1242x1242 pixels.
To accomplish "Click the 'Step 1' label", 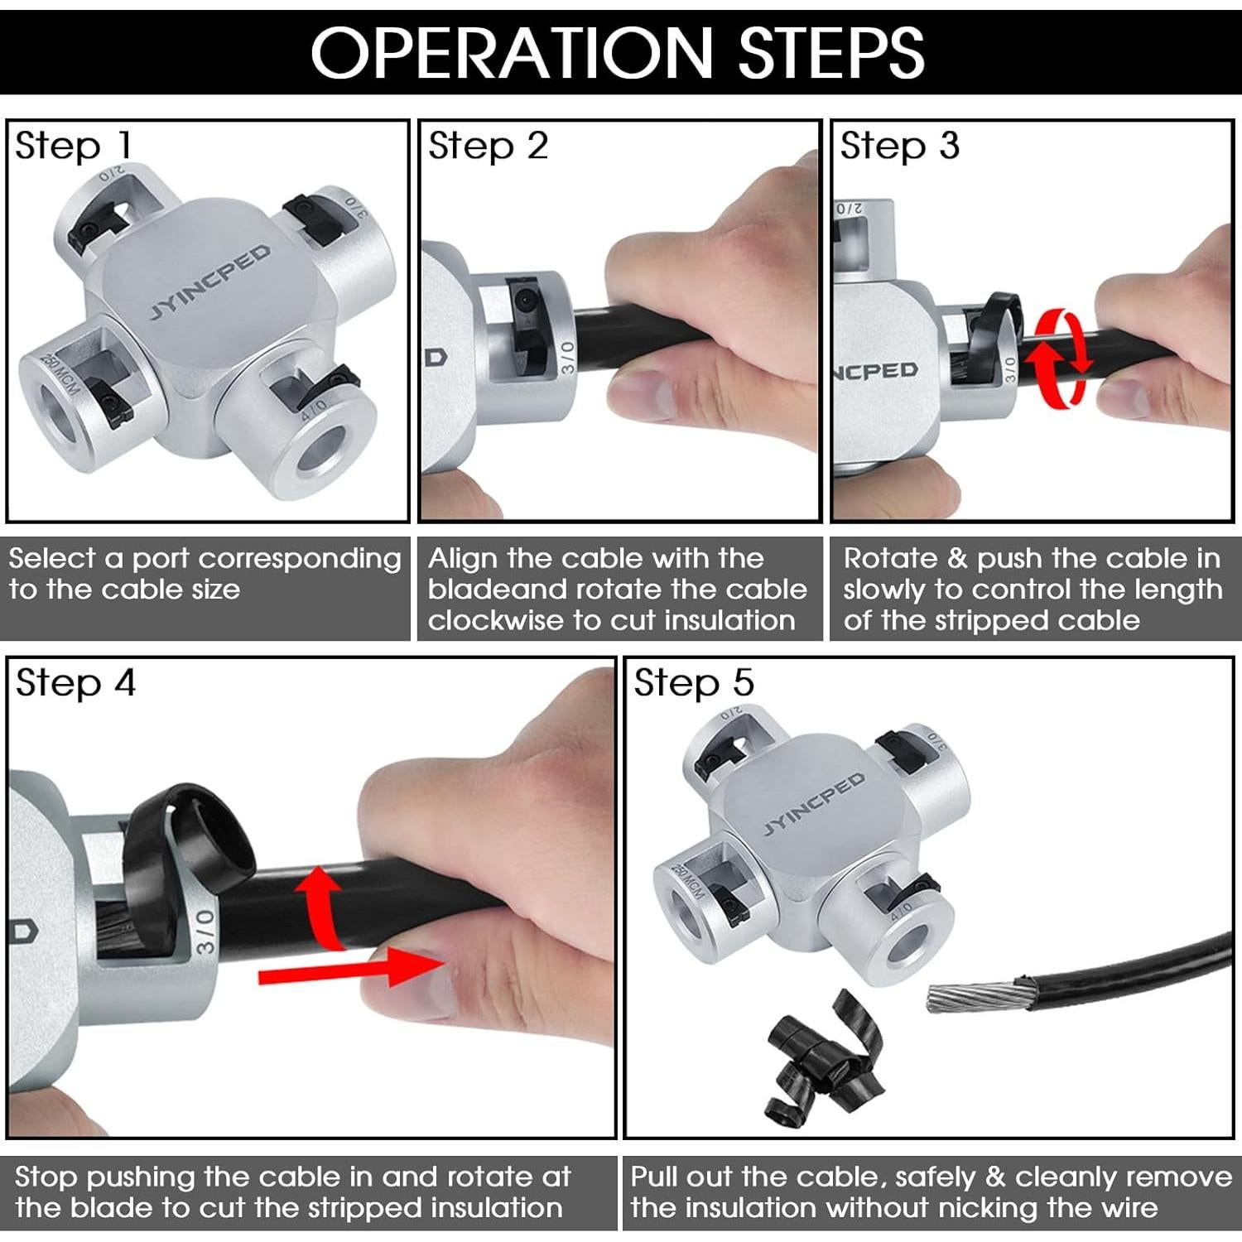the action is point(73,146).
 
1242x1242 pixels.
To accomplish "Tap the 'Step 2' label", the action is point(488,146).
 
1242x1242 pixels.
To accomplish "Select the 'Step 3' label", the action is point(900,146).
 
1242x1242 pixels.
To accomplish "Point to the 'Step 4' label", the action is point(75,683).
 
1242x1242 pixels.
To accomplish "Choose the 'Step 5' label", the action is point(694,683).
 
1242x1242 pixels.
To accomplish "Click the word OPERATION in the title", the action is point(512,52).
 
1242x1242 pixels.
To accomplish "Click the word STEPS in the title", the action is point(831,52).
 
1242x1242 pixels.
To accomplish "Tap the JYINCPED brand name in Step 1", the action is point(210,282).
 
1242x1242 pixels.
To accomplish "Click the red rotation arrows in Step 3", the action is point(1059,359).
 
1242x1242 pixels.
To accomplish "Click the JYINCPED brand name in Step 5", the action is point(813,802).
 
